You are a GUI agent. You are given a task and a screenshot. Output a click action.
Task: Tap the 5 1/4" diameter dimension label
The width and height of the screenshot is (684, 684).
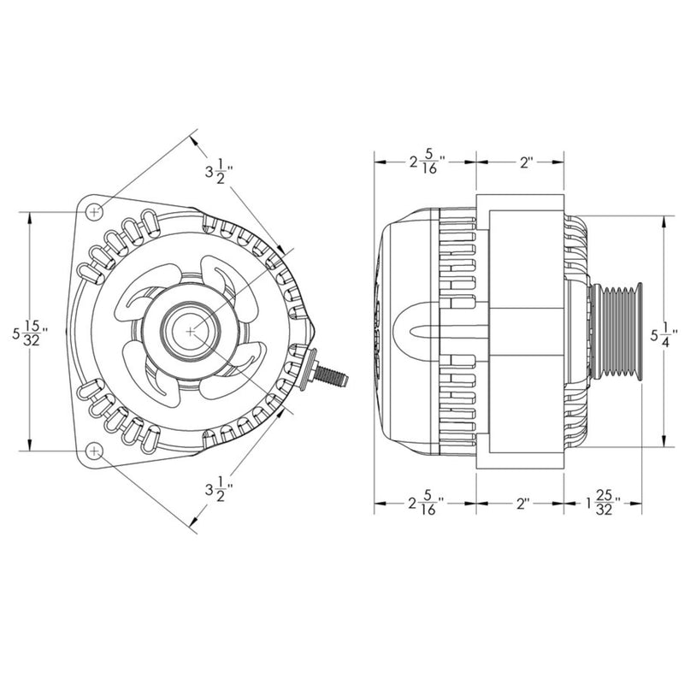point(663,330)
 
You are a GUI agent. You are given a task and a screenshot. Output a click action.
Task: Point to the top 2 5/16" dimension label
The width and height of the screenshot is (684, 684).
point(426,161)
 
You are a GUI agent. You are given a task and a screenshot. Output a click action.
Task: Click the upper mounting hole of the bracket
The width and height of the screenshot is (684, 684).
point(95,210)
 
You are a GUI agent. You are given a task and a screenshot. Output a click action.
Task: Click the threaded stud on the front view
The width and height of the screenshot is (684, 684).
point(333,374)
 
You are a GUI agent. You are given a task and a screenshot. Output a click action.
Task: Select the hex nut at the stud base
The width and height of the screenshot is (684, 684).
point(308,368)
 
